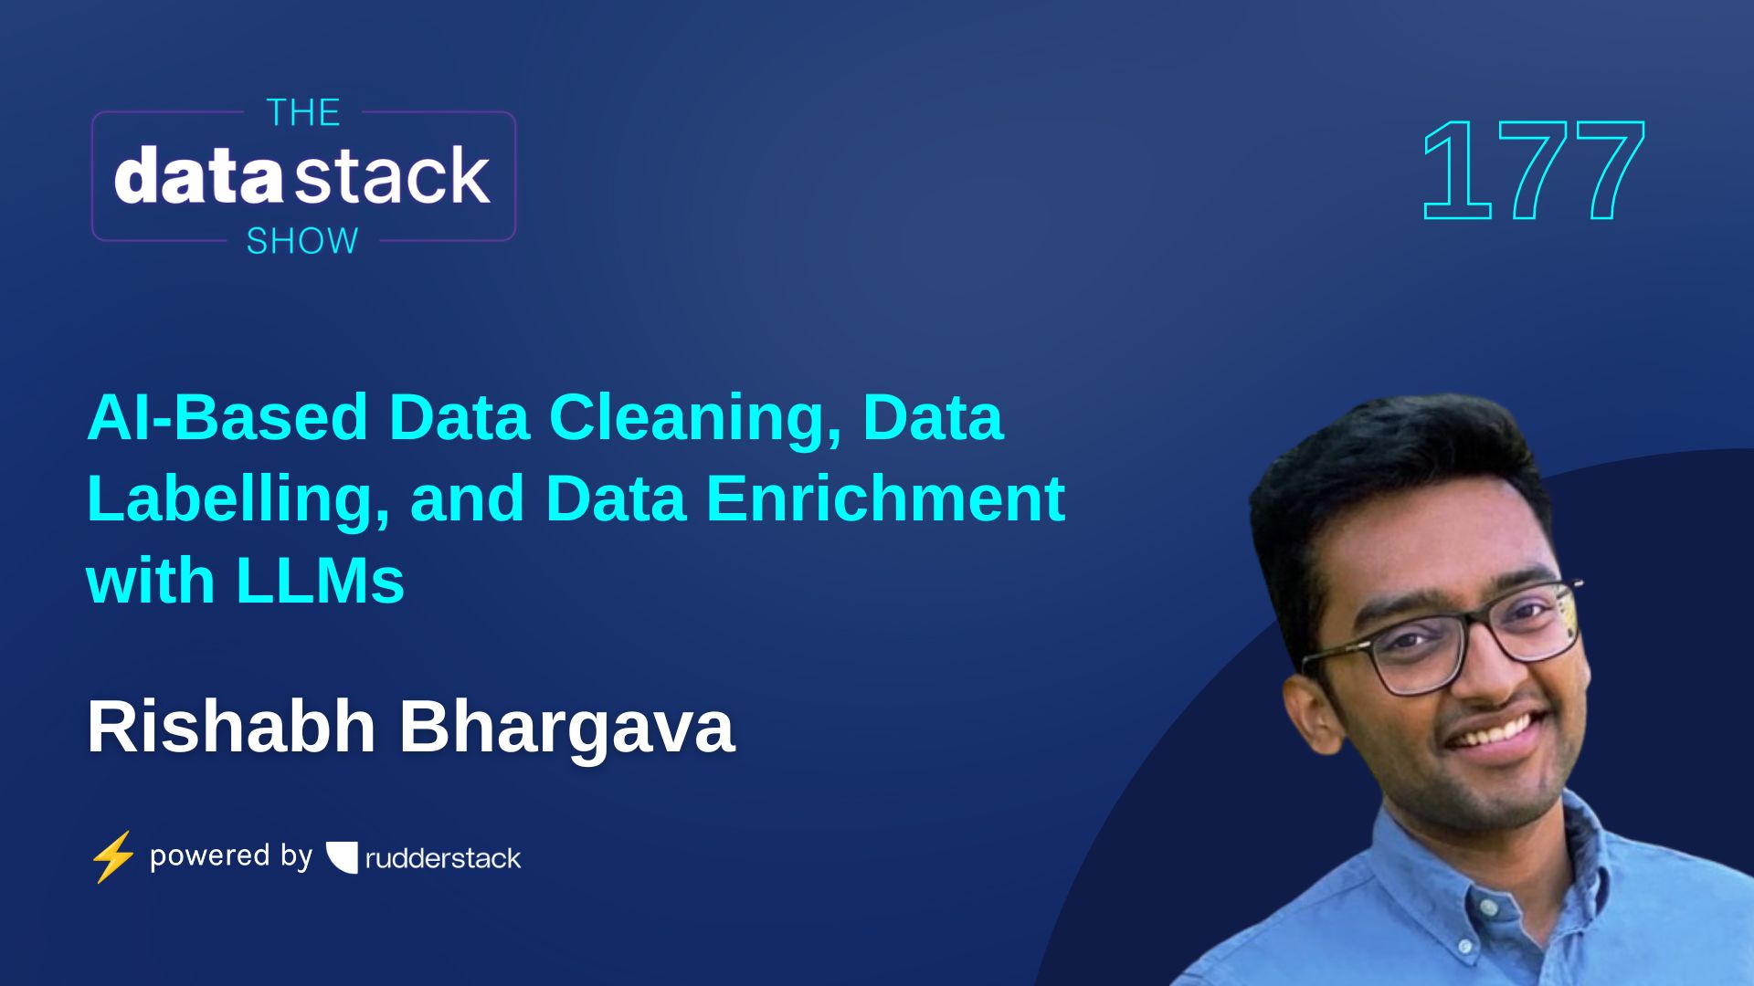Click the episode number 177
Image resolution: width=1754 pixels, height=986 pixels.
(x=1533, y=171)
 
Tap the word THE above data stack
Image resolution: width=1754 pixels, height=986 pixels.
(x=303, y=113)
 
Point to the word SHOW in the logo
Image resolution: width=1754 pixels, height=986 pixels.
(x=302, y=241)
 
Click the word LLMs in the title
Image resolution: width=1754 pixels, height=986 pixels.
(x=320, y=581)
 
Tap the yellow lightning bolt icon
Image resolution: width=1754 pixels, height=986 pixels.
(x=112, y=856)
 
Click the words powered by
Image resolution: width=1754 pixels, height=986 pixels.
(x=231, y=856)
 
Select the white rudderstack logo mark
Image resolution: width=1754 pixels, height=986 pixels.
(x=343, y=857)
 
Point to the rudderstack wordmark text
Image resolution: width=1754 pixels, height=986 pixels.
(x=443, y=858)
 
